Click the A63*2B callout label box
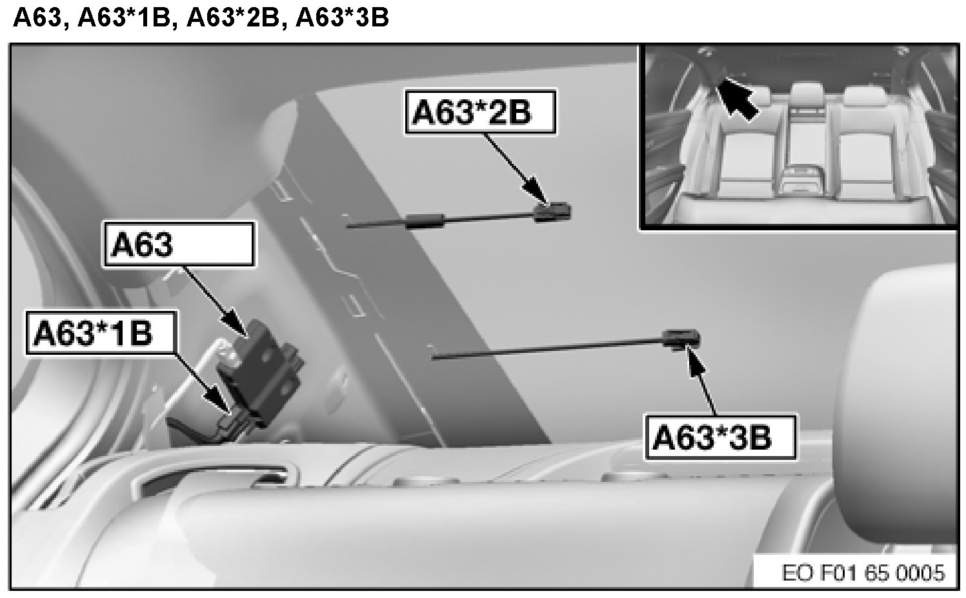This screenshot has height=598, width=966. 480,112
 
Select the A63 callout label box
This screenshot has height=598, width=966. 178,244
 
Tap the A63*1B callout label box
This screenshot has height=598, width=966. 101,333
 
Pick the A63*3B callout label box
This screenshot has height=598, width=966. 719,437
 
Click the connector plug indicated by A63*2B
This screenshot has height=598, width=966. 552,212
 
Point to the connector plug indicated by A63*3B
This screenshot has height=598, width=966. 681,339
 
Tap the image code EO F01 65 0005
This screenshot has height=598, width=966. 863,573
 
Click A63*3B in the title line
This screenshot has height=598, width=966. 342,17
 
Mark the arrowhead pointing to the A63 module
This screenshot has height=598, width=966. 235,323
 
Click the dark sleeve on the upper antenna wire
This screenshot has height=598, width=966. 426,221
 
